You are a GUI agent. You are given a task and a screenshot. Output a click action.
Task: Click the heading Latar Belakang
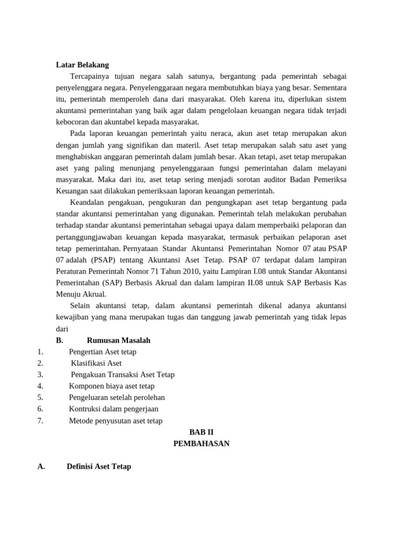click(82, 65)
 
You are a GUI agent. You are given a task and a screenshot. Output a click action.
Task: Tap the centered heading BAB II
click(201, 432)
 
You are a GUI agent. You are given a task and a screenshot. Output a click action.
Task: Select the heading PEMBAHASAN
click(201, 443)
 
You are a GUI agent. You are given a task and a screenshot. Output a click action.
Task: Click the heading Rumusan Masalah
click(119, 340)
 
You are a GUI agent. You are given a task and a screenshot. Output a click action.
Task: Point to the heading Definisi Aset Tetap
click(99, 466)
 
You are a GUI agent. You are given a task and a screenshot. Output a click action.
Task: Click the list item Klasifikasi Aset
click(96, 363)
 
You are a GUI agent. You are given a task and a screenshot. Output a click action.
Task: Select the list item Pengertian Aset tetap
click(102, 351)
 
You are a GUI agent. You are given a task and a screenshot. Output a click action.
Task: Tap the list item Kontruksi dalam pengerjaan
click(113, 409)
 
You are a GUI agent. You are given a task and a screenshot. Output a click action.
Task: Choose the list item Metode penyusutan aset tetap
click(115, 420)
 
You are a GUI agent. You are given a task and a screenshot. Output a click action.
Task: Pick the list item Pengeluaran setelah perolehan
click(116, 397)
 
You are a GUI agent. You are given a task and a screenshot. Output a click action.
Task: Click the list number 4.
click(40, 386)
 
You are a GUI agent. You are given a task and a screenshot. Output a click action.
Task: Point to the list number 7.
click(40, 420)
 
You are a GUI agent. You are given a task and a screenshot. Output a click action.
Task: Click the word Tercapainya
click(88, 76)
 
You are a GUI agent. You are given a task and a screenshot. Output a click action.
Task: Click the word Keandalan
click(86, 202)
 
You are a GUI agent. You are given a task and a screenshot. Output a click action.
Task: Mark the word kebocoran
click(72, 122)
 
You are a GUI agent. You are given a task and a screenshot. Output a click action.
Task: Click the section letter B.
click(59, 340)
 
